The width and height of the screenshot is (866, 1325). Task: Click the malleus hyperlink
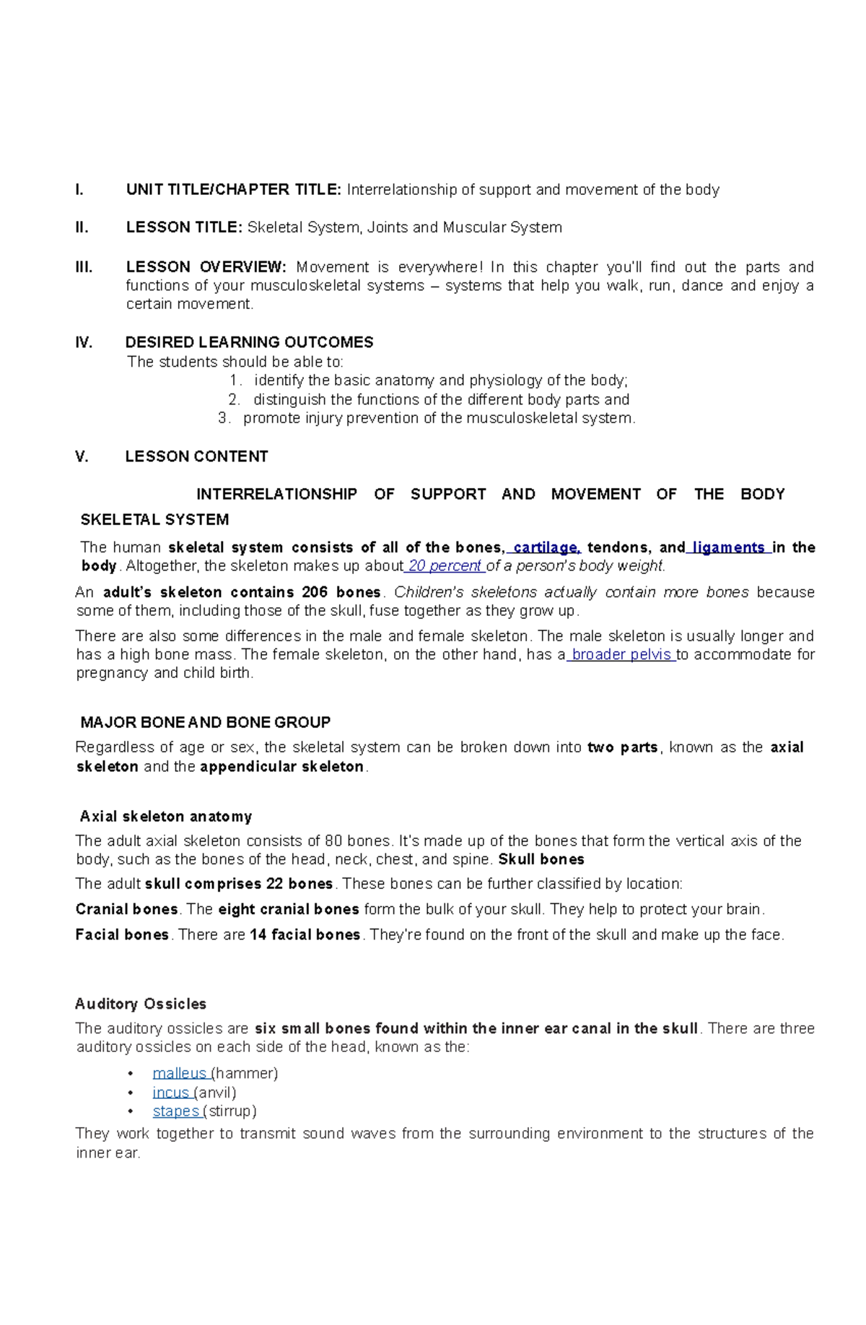tap(178, 1073)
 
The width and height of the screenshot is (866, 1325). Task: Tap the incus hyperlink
tap(170, 1092)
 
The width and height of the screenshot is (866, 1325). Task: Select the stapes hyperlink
tap(175, 1111)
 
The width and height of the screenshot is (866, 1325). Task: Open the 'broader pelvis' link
tap(621, 654)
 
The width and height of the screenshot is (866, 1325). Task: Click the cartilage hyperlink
tap(546, 547)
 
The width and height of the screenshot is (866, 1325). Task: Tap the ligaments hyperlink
tap(728, 547)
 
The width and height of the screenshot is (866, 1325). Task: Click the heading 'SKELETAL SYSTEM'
tap(154, 520)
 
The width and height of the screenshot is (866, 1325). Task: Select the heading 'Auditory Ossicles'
tap(141, 1004)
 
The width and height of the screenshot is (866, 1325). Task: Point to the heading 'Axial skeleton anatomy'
tap(166, 817)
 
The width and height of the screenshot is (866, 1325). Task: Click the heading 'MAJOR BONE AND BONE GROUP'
tap(206, 722)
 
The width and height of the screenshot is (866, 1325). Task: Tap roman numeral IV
tap(84, 342)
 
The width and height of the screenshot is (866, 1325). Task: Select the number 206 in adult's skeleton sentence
tap(315, 592)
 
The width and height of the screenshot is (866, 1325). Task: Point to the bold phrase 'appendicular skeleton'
tap(282, 766)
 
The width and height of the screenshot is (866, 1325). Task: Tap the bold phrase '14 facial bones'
tap(305, 934)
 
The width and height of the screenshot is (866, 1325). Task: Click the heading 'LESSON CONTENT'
tap(196, 456)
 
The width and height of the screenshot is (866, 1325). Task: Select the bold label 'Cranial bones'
tap(126, 909)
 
